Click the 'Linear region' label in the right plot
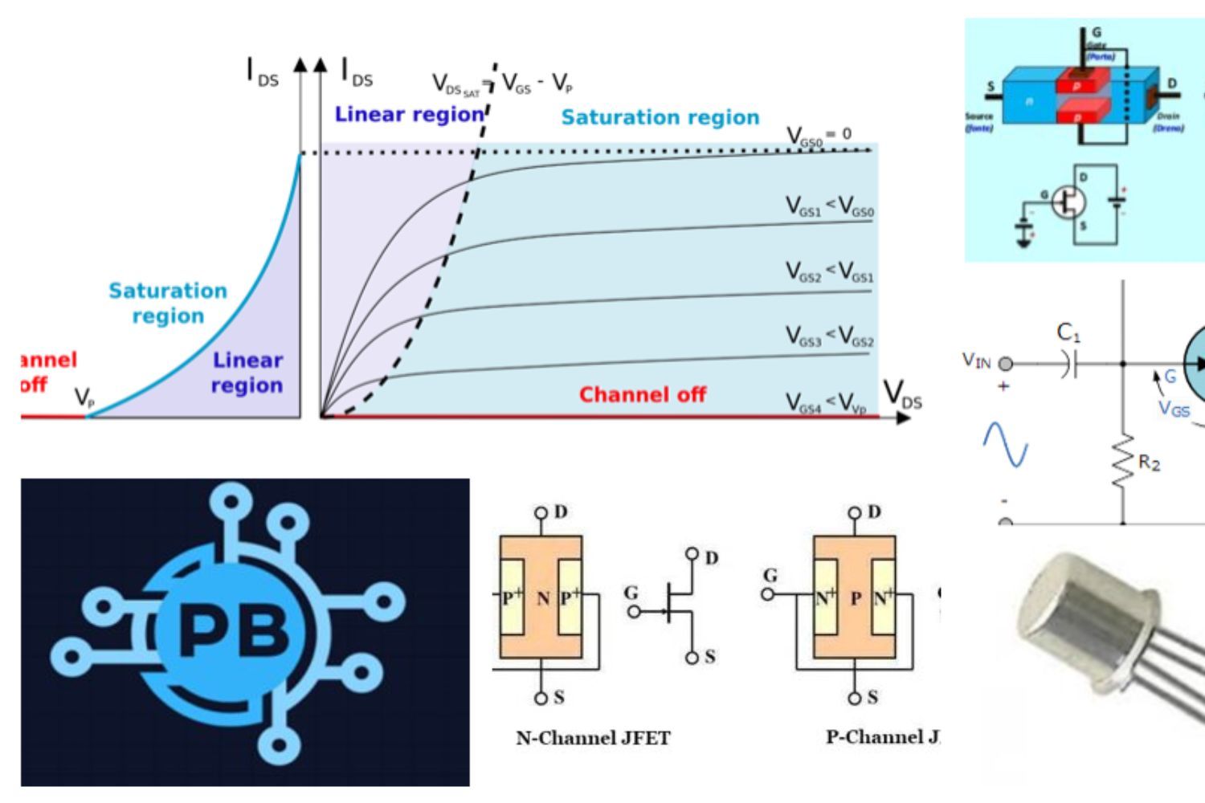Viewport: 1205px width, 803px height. pyautogui.click(x=408, y=115)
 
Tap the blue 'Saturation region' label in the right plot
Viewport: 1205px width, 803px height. pyautogui.click(x=660, y=118)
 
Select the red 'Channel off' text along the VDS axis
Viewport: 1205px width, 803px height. pyautogui.click(x=643, y=395)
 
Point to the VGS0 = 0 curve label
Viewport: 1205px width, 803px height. pyautogui.click(x=819, y=137)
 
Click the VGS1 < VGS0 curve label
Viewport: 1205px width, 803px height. pyautogui.click(x=829, y=207)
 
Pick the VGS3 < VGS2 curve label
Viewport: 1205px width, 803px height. pyautogui.click(x=829, y=340)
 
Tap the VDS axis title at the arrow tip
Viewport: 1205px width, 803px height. pyautogui.click(x=903, y=393)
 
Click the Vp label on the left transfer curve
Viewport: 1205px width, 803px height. pyautogui.click(x=84, y=397)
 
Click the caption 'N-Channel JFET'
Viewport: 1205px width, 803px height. pyautogui.click(x=593, y=738)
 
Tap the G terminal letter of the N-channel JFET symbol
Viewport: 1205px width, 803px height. pyautogui.click(x=631, y=593)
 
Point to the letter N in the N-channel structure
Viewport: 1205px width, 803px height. pyautogui.click(x=543, y=598)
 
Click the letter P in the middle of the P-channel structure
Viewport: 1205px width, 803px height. pyautogui.click(x=856, y=598)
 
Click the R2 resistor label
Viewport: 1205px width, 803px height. pyautogui.click(x=1149, y=463)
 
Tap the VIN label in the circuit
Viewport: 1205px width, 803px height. pyautogui.click(x=977, y=361)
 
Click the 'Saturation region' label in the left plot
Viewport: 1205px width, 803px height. pyautogui.click(x=168, y=303)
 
